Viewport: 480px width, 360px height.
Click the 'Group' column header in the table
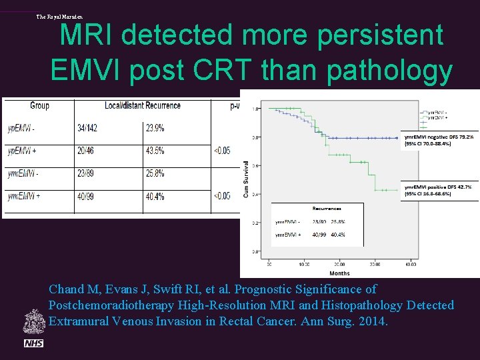tap(39, 105)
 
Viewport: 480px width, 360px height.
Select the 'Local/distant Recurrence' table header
tap(142, 105)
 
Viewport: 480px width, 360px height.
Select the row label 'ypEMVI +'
tap(23, 151)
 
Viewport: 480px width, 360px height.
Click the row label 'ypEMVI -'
tap(22, 128)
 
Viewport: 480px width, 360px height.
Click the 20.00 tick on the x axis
tap(339, 265)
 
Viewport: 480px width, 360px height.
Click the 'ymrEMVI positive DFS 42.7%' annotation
tap(439, 187)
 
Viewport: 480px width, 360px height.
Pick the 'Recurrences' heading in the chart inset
tap(317, 209)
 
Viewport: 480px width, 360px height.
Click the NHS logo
tap(33, 343)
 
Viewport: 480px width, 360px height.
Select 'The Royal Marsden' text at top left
tap(59, 17)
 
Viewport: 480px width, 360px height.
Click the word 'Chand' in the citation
tap(67, 289)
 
